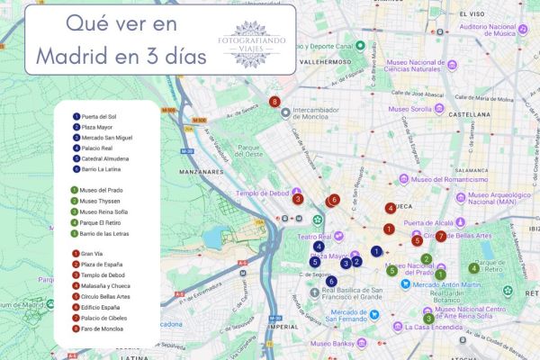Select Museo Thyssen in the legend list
click(99, 202)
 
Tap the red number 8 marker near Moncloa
click(274, 103)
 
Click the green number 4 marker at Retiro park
click(473, 268)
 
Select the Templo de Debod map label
click(263, 193)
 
